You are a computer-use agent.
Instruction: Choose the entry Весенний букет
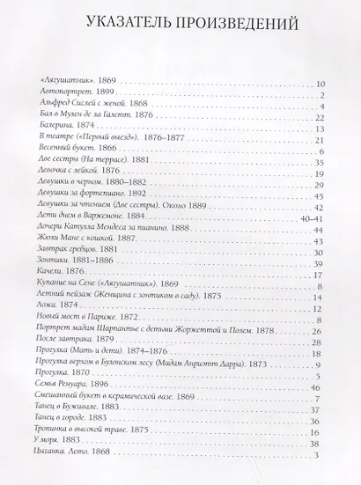point(70,148)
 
